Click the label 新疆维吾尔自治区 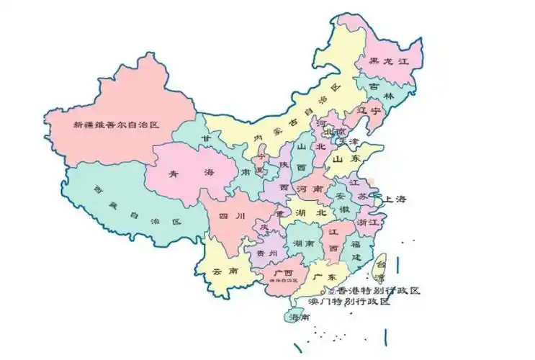point(116,125)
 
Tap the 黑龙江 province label point(389,62)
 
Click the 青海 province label point(181,174)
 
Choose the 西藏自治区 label point(137,206)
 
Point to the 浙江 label point(368,223)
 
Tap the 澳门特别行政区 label point(349,302)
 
